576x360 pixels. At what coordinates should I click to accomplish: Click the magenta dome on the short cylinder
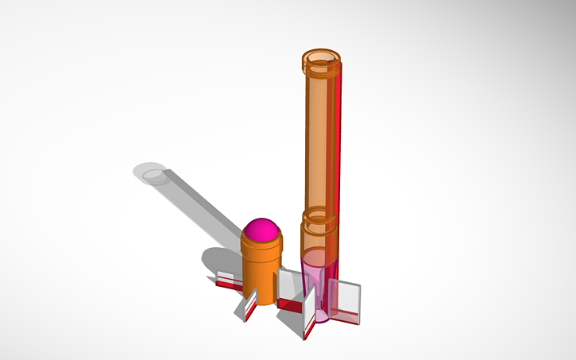click(263, 230)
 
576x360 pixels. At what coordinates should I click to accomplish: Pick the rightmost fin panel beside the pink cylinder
click(347, 302)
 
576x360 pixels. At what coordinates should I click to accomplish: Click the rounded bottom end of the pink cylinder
click(322, 316)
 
